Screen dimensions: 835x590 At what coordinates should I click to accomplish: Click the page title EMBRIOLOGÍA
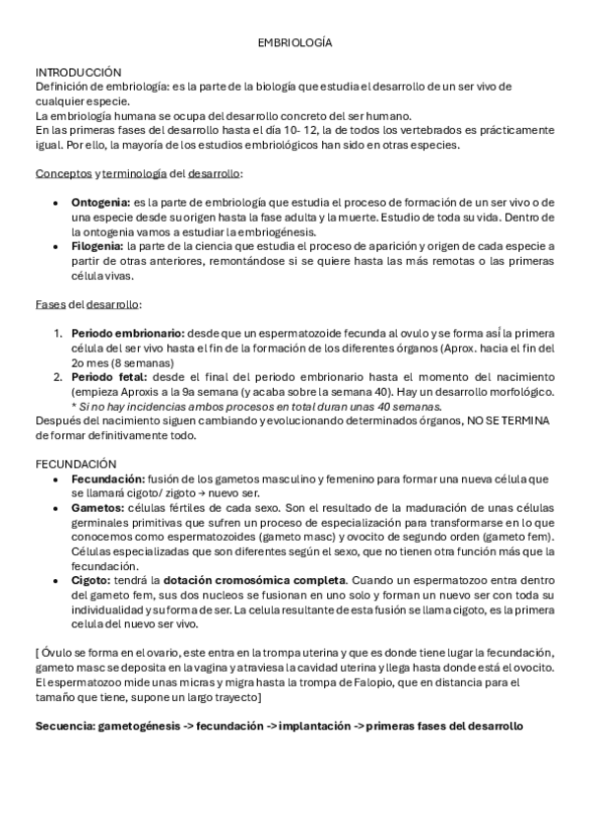tap(295, 44)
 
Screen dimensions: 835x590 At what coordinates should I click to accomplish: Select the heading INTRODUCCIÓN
tap(78, 73)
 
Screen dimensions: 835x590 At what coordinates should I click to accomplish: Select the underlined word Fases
tap(50, 304)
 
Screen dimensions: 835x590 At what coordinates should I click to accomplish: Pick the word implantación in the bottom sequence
tap(303, 726)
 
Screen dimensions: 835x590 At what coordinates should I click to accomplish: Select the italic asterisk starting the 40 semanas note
tap(74, 406)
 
